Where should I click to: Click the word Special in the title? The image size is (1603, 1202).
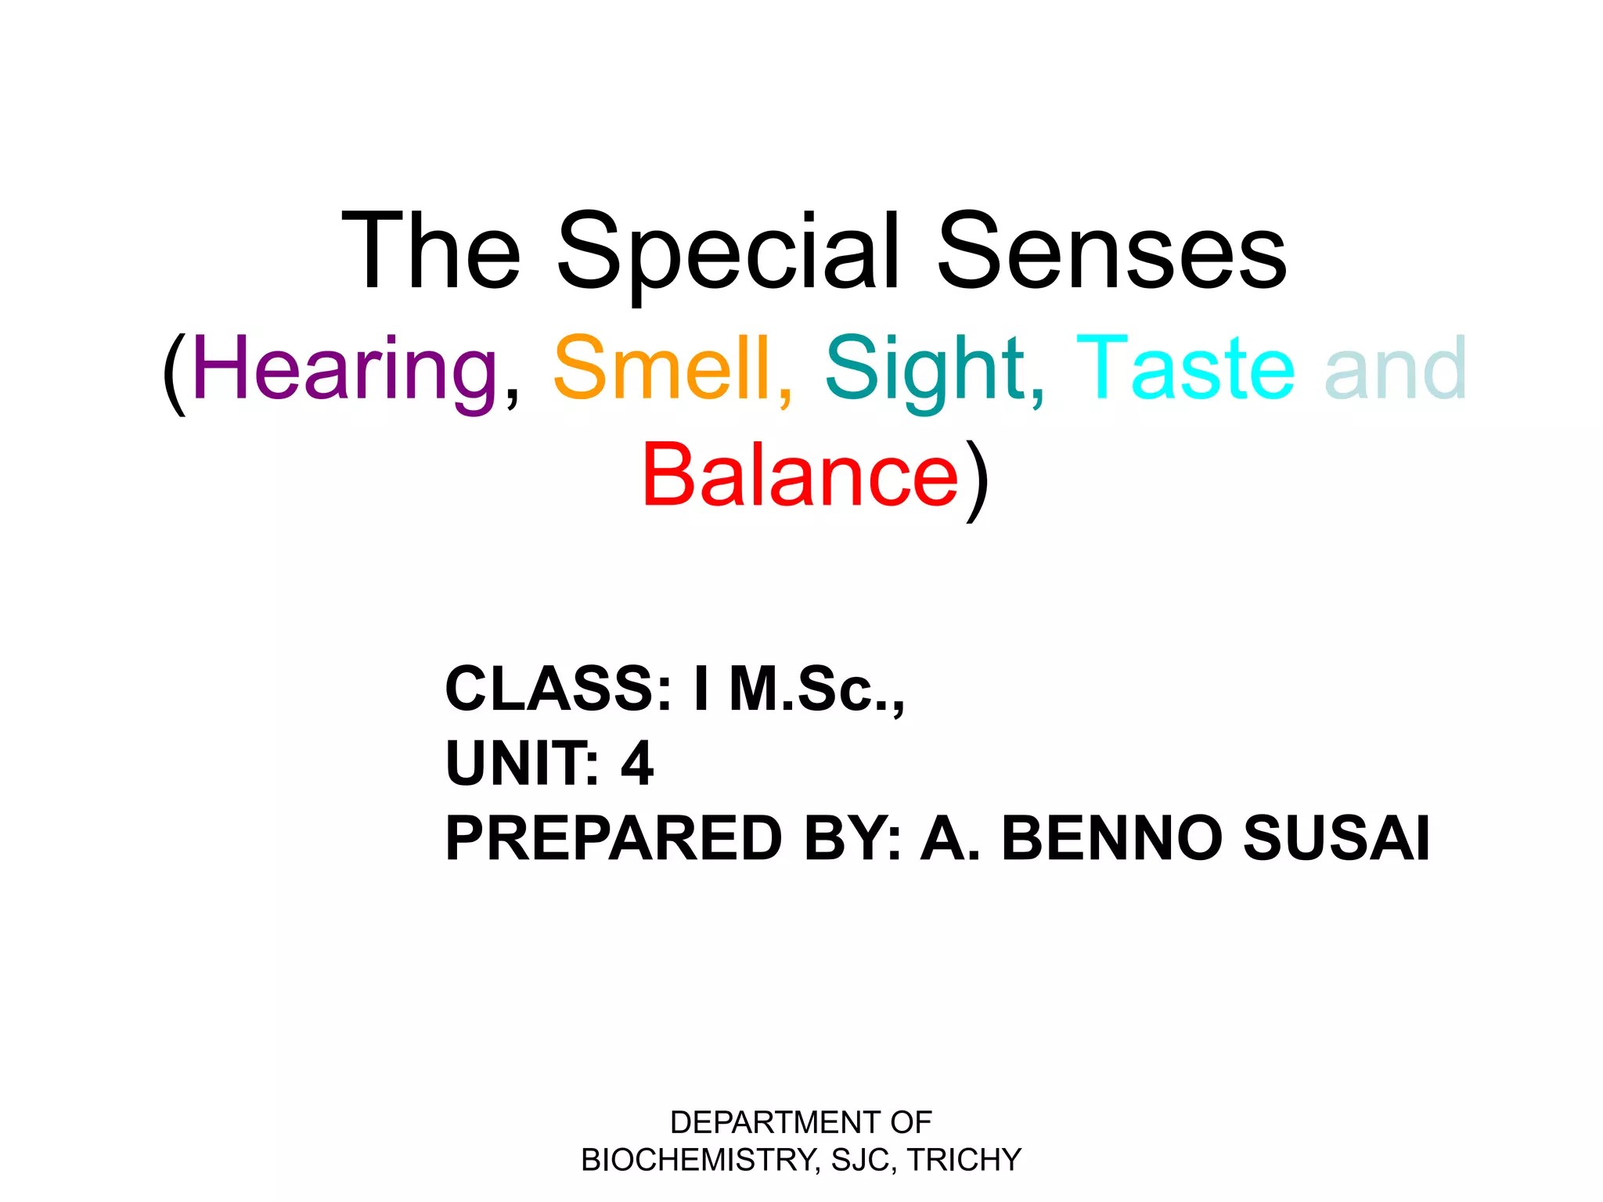coord(728,254)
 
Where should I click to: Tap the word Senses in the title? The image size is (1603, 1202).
coord(1111,254)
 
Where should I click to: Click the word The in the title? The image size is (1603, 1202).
coord(431,254)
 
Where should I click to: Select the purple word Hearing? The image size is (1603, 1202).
coord(344,368)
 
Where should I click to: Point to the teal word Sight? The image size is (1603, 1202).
coord(924,368)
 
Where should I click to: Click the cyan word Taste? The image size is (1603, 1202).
coord(1185,368)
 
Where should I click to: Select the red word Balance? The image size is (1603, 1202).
coord(800,475)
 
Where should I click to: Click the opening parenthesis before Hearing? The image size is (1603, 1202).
coord(174,372)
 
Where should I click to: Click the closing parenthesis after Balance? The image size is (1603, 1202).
coord(978,479)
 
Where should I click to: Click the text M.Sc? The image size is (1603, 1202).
coord(814,689)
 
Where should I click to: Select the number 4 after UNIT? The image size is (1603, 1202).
coord(637,763)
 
